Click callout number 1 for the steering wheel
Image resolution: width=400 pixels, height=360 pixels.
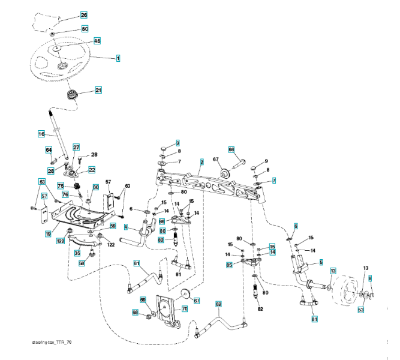pos(118,58)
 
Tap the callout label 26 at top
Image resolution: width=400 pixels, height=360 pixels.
pos(83,14)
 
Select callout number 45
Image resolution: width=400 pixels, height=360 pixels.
pos(97,41)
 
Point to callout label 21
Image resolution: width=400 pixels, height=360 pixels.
pos(98,91)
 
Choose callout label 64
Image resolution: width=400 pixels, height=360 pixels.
pos(49,149)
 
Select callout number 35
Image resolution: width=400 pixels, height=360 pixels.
pos(77,253)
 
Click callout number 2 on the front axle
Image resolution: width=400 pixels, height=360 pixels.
pos(202,162)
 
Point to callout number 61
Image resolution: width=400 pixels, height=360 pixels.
pos(137,263)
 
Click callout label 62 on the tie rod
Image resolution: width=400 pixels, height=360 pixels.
pos(218,303)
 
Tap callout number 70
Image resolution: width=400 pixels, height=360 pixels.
pos(185,308)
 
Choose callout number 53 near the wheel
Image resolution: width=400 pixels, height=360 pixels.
pos(361,310)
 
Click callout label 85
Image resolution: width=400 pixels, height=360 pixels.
pos(229,265)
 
